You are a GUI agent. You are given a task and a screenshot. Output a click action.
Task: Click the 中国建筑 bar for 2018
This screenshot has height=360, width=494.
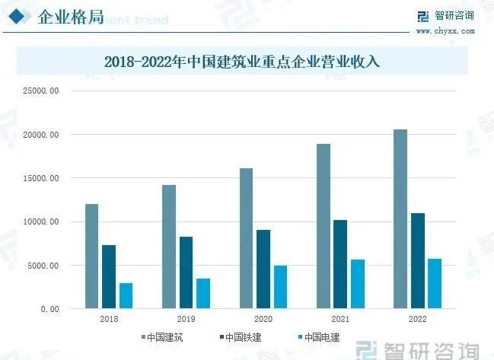point(91,256)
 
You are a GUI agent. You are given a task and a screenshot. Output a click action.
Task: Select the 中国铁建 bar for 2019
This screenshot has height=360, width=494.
point(186,272)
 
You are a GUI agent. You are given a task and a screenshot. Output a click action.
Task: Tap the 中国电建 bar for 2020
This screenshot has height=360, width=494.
point(280,287)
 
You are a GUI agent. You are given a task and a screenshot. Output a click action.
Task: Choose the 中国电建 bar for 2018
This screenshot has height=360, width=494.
point(126,295)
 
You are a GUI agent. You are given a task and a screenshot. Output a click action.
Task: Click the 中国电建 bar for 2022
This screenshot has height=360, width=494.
point(434,284)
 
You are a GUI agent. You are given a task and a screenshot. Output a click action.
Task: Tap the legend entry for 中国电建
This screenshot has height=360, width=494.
point(319,336)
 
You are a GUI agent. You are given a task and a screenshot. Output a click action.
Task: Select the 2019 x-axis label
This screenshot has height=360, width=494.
point(186,320)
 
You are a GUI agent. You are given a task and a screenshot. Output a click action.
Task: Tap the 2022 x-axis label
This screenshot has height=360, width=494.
point(417,320)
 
